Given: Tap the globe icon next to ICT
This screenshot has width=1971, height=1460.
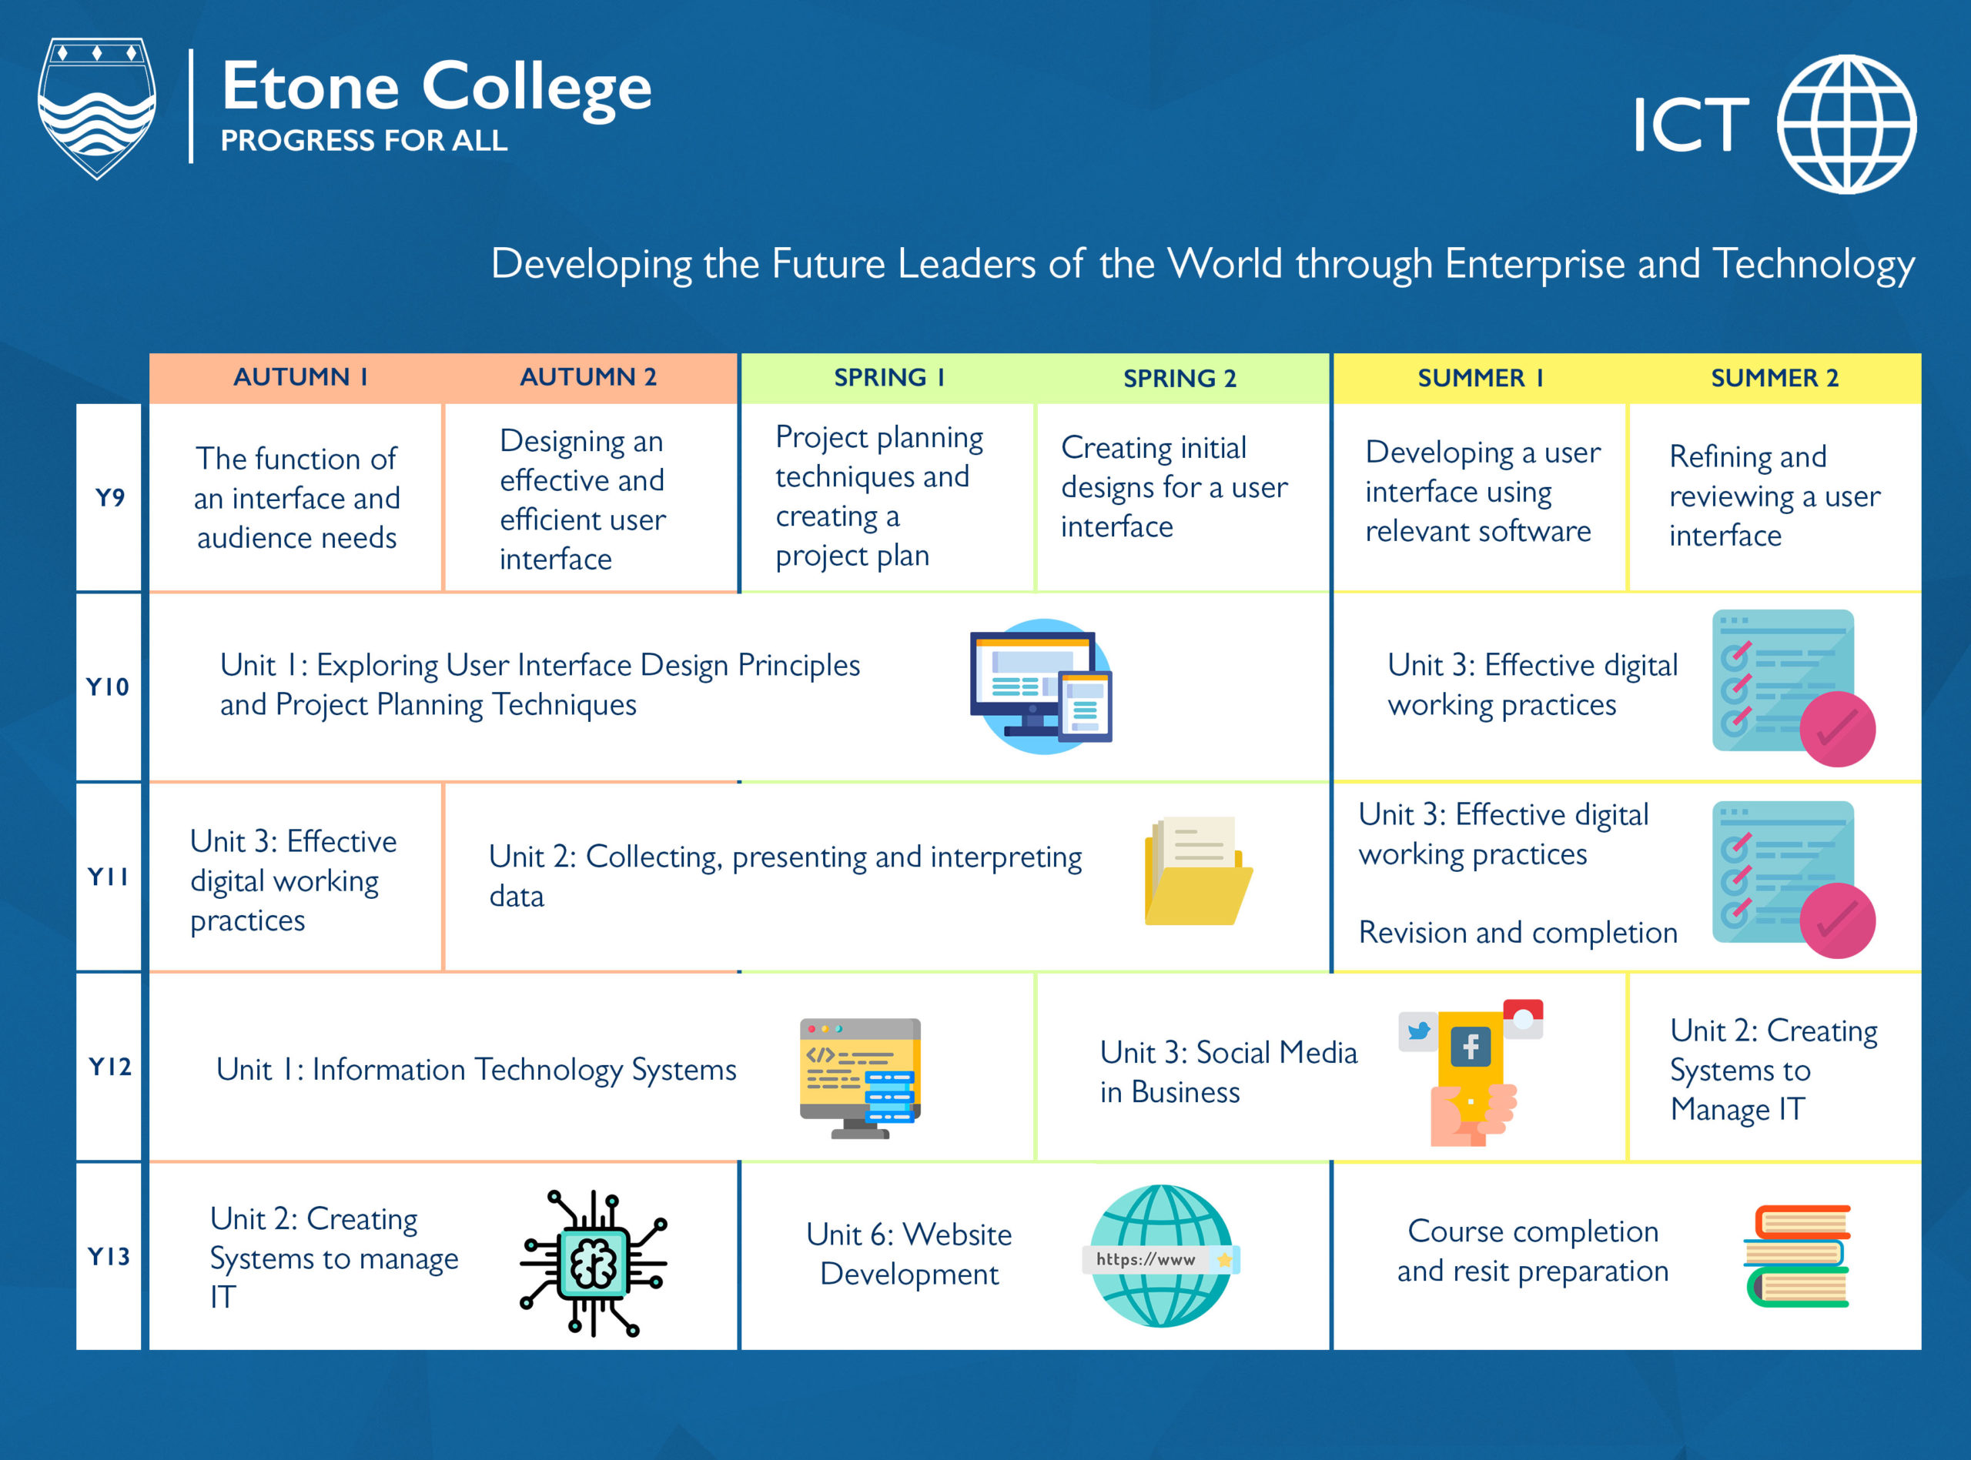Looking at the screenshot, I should click(1846, 124).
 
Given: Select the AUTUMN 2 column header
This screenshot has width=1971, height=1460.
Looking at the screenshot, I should click(587, 377).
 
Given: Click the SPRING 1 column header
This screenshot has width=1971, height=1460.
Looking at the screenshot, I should click(889, 377).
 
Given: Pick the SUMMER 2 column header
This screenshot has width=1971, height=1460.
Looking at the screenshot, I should click(1774, 377).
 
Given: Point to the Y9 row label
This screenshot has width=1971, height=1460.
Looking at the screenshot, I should click(109, 497).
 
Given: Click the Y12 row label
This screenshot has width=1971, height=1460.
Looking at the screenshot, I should click(109, 1067).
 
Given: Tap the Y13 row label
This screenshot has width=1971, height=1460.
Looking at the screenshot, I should click(109, 1256).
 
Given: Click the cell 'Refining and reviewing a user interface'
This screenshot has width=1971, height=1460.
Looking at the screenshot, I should click(1774, 496).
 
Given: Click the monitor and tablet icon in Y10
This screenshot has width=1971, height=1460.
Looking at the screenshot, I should click(1041, 687).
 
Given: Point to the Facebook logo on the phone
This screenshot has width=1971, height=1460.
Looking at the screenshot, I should click(1471, 1047).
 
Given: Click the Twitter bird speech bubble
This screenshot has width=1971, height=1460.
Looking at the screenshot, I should click(1419, 1031).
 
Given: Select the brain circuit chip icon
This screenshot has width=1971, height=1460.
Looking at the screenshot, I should click(593, 1263).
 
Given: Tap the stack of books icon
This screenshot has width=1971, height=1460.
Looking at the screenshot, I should click(1797, 1256).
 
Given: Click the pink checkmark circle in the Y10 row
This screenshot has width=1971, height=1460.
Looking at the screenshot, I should click(1838, 729).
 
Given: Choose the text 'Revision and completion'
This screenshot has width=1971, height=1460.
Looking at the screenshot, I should click(1518, 932).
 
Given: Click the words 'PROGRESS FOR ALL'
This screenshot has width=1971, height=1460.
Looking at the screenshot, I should click(363, 141).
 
